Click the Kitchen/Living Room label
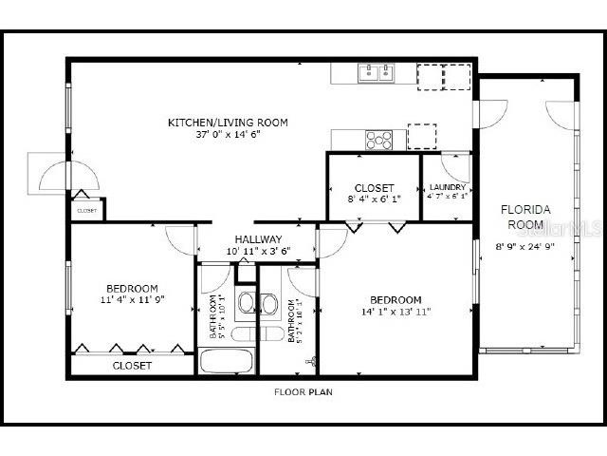228,123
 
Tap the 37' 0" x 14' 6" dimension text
228,134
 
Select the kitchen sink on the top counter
376,72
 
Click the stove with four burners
379,139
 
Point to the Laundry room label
447,187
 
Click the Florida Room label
524,217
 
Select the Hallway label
258,239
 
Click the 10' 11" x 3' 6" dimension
258,251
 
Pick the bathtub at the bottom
227,362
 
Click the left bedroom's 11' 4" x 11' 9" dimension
132,299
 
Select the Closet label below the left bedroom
132,366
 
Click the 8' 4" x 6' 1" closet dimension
374,199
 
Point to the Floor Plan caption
303,391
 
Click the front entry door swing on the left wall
74,177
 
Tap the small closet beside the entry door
87,210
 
